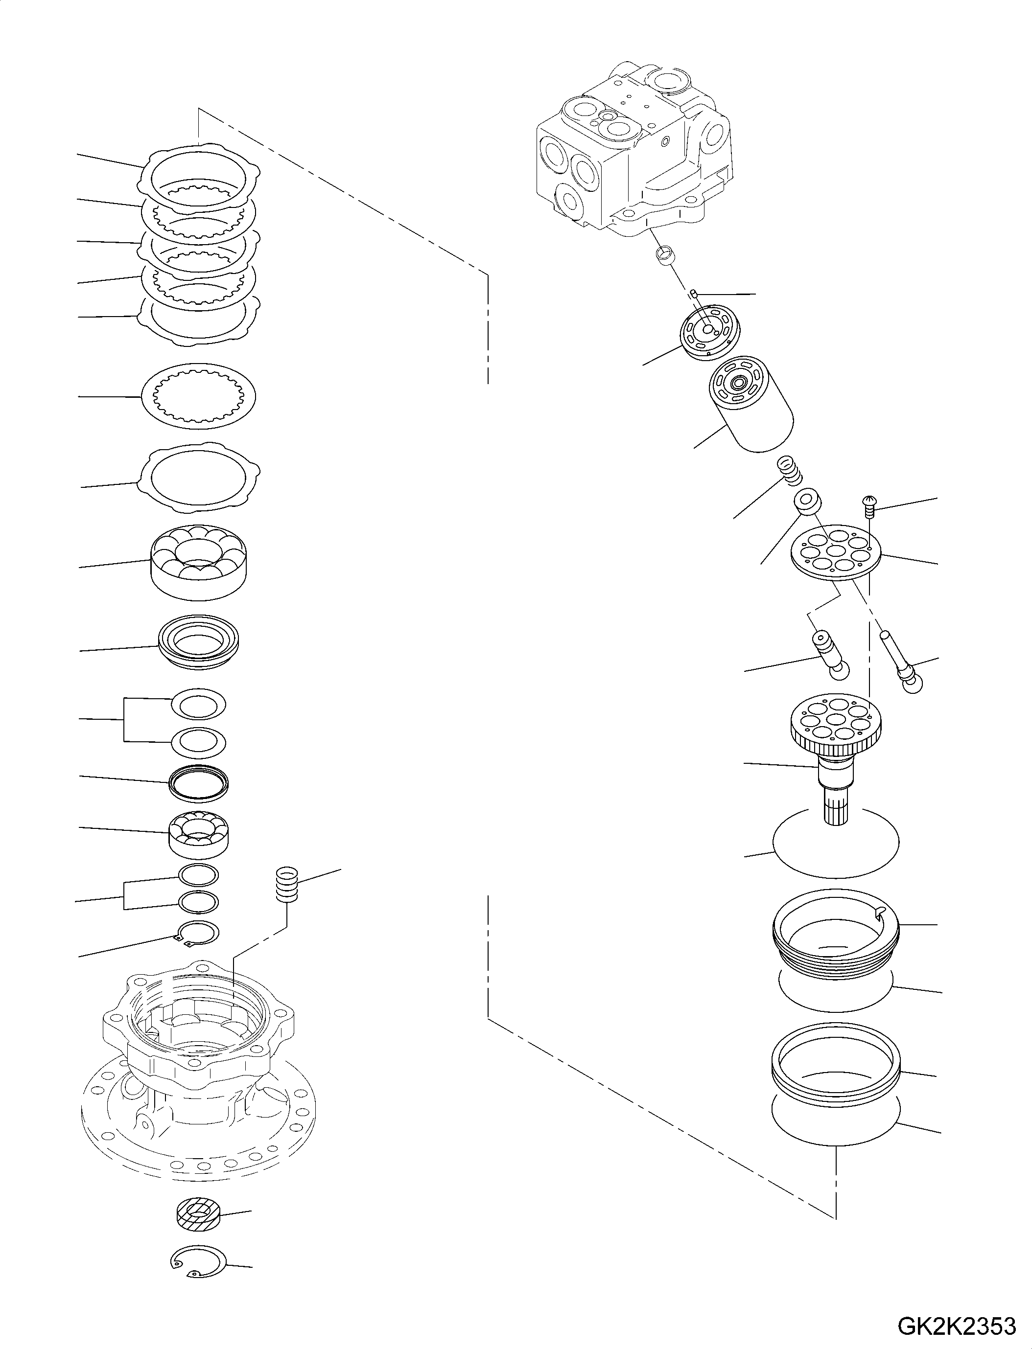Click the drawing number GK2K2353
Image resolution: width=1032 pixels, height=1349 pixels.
(957, 1327)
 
